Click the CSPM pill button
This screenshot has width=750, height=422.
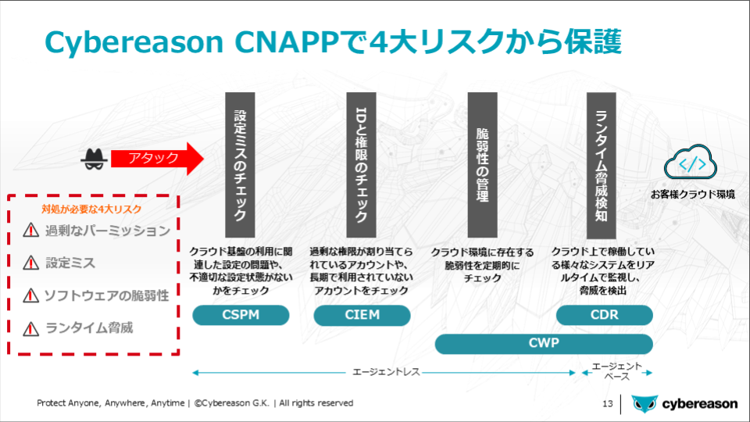pyautogui.click(x=241, y=315)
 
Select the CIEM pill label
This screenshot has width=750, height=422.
pyautogui.click(x=362, y=315)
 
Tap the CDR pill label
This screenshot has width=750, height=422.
pyautogui.click(x=605, y=315)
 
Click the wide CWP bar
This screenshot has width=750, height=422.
pyautogui.click(x=544, y=344)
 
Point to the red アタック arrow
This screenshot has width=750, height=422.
pyautogui.click(x=157, y=159)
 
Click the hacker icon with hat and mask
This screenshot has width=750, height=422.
pyautogui.click(x=94, y=159)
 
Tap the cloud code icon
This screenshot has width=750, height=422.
pyautogui.click(x=690, y=163)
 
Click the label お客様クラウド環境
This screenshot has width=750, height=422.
pyautogui.click(x=693, y=195)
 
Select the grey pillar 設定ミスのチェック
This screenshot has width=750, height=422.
pyautogui.click(x=240, y=165)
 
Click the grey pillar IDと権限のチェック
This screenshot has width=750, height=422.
pyautogui.click(x=361, y=165)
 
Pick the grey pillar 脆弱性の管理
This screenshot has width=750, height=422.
pyautogui.click(x=482, y=165)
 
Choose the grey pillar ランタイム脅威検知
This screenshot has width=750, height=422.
pyautogui.click(x=602, y=165)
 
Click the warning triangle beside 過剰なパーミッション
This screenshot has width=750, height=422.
pyautogui.click(x=31, y=230)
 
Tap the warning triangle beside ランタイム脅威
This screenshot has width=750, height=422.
pyautogui.click(x=31, y=329)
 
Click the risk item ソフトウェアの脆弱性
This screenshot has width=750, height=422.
pyautogui.click(x=107, y=295)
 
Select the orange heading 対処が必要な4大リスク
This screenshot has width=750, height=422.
pyautogui.click(x=91, y=209)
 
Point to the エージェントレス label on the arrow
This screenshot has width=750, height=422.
pyautogui.click(x=386, y=372)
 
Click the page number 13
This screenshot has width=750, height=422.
pyautogui.click(x=608, y=404)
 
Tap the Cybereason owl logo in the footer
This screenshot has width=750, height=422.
pyautogui.click(x=645, y=404)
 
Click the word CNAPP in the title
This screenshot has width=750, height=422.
pyautogui.click(x=287, y=41)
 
